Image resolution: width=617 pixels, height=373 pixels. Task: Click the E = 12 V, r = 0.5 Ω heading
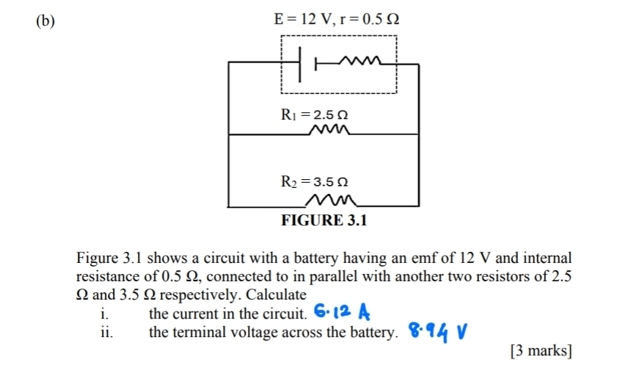337,19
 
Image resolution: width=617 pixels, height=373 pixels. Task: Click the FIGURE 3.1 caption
325,220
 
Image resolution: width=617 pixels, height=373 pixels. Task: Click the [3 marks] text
540,351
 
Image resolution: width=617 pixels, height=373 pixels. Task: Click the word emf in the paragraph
428,258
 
